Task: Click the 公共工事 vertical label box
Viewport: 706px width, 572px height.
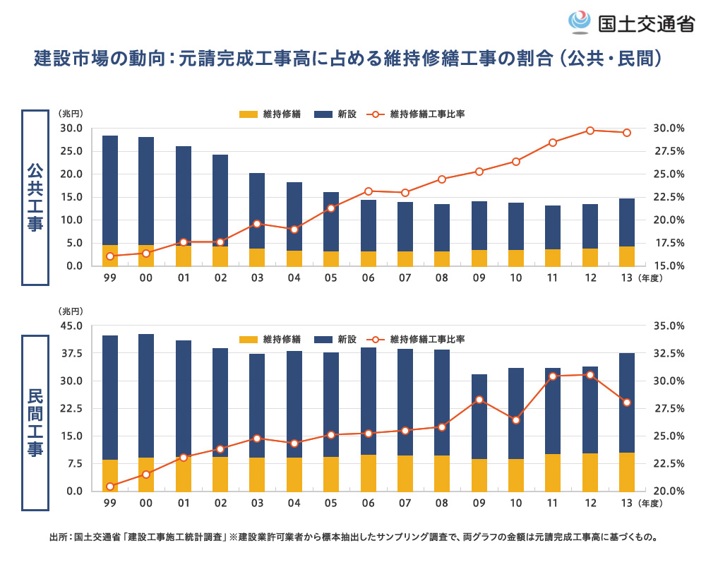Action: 35,197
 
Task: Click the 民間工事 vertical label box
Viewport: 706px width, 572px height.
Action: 35,422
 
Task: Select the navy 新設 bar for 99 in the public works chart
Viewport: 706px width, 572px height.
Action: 110,190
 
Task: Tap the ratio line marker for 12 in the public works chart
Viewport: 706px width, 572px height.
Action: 590,131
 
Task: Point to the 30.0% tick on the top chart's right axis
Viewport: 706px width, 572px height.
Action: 669,129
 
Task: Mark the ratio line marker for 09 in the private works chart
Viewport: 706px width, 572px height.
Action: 479,400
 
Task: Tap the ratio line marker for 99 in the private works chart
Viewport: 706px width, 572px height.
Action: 110,487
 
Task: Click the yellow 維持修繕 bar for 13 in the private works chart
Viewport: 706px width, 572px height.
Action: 627,472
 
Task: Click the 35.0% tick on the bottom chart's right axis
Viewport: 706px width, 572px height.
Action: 669,326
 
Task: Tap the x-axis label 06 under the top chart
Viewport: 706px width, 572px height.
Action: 369,278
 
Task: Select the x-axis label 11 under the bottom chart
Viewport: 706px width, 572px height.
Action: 553,504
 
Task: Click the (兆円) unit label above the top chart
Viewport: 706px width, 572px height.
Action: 71,114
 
